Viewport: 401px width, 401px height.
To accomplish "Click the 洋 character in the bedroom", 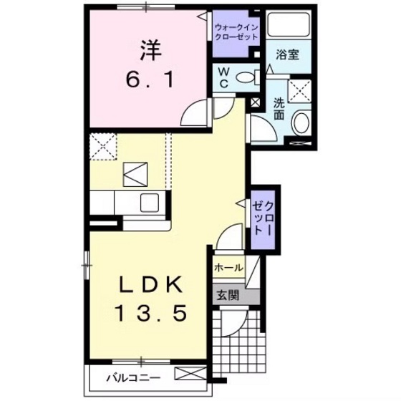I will (150, 50).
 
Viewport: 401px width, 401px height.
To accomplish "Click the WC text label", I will (223, 77).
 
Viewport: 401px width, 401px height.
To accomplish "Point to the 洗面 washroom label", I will (279, 108).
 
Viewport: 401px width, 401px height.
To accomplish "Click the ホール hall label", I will (228, 268).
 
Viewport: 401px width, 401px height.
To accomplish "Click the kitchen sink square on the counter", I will (151, 202).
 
